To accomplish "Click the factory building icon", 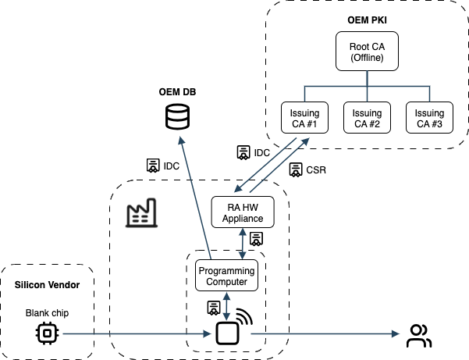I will coord(141,213).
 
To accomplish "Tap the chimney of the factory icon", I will coord(153,205).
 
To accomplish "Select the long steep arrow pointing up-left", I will coord(196,198).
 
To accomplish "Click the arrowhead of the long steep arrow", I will coord(181,140).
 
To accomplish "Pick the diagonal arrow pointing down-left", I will coord(265,165).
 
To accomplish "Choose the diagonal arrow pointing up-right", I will coord(279,165).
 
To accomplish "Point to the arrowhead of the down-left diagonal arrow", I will coord(237,190).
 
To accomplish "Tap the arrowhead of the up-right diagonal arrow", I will coord(306,141).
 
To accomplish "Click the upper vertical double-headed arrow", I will coord(242,244).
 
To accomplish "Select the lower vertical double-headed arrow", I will coord(226,306).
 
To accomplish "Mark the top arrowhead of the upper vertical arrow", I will coord(242,232).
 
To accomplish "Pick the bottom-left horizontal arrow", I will coord(137,333).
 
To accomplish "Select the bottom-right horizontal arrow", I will coord(324,333).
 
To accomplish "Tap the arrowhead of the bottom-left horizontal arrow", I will coord(208,333).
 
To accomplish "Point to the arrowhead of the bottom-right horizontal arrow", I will coord(396,333).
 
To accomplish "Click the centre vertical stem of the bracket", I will coord(367,78).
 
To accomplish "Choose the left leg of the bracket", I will coord(304,94).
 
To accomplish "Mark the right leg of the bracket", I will coord(429,94).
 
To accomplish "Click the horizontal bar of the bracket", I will coord(336,86).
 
